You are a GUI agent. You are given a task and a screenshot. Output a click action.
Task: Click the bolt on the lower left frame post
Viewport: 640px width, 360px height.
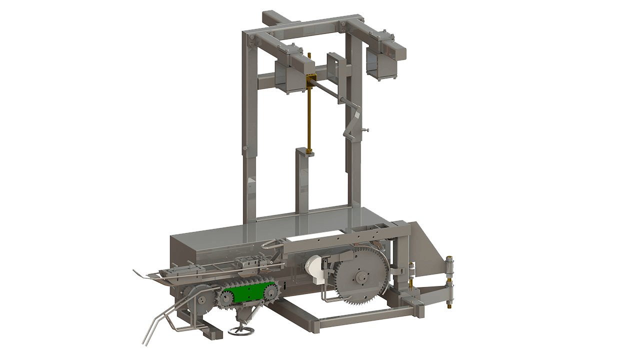[244, 148]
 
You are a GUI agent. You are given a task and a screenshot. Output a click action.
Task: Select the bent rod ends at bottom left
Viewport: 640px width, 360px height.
[150, 332]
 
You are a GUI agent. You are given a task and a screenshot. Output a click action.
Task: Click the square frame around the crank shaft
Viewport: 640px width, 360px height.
[335, 66]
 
